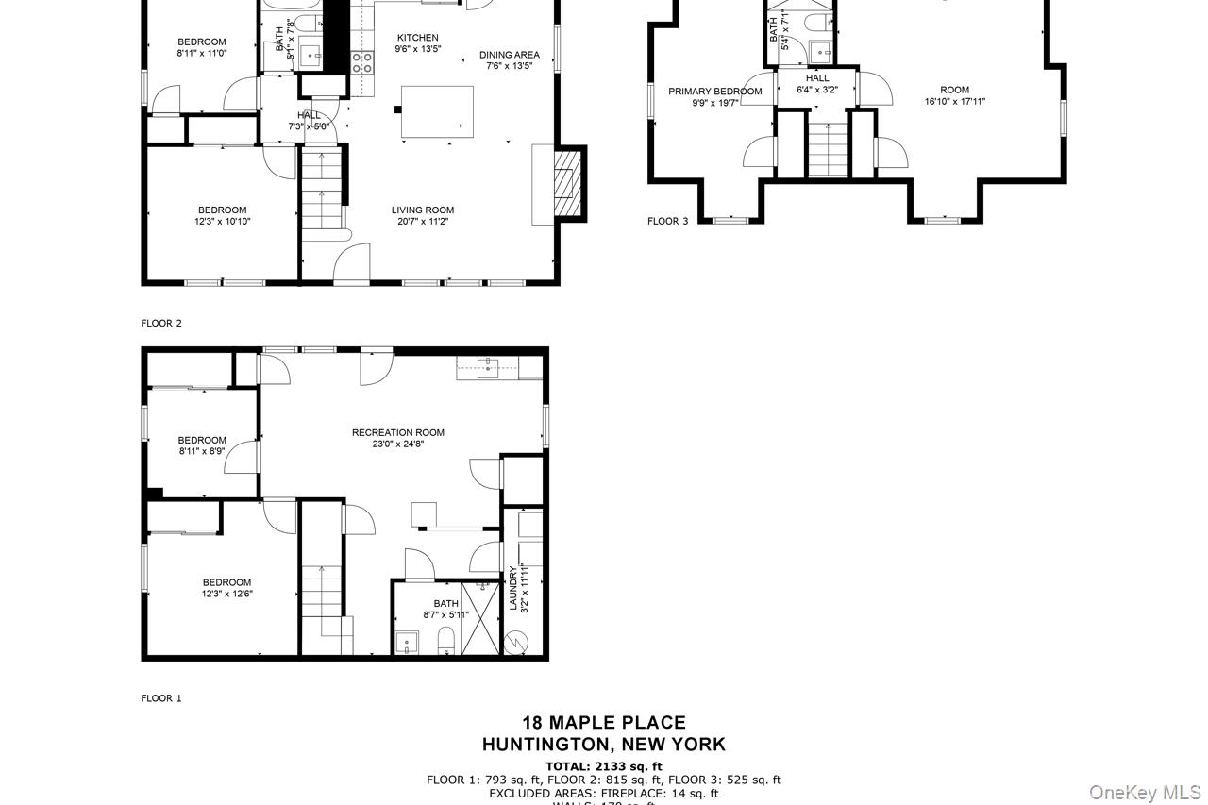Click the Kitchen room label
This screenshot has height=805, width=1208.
pos(417,38)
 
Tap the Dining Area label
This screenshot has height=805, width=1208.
pos(510,55)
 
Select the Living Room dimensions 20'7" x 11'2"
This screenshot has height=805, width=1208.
pos(423,222)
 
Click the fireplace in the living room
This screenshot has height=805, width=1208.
pos(564,184)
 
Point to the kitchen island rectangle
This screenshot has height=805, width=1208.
pos(438,111)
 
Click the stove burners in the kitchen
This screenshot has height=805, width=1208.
pos(361,62)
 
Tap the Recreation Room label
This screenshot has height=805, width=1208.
pos(397,432)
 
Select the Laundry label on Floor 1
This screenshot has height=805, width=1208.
pos(513,589)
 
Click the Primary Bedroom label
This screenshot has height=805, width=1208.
pos(714,92)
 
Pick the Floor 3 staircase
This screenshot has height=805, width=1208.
pos(828,146)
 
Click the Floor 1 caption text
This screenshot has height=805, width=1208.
pos(161,698)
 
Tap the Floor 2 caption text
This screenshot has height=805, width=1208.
pos(161,323)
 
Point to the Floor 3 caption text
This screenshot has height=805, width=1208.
pos(667,221)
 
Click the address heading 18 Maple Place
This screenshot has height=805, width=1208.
pos(604,723)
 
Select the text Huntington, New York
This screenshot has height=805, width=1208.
pos(604,745)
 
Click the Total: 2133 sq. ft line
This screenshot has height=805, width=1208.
pos(604,765)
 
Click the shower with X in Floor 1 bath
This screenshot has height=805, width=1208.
pos(480,618)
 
